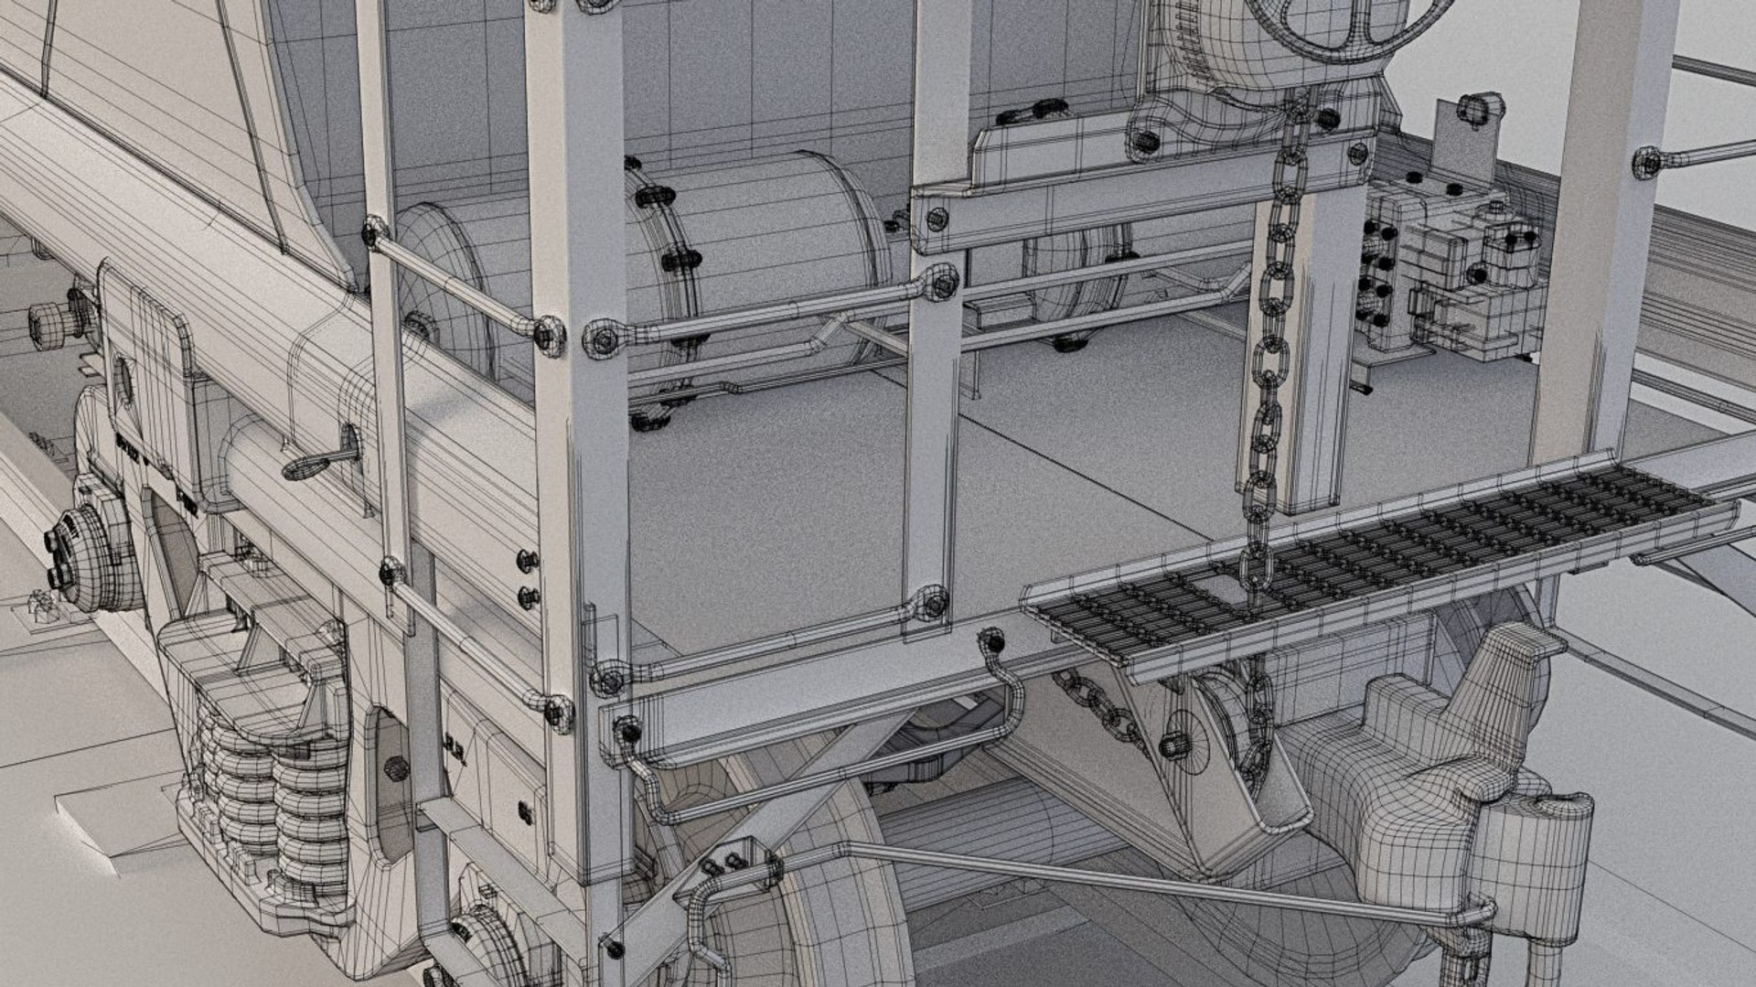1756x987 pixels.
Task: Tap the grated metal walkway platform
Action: pyautogui.click(x=1372, y=558)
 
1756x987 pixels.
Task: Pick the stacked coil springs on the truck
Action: pyautogui.click(x=265, y=787)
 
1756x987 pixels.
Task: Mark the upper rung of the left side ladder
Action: pyautogui.click(x=457, y=274)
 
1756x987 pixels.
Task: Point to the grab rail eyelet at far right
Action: pyautogui.click(x=1646, y=162)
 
